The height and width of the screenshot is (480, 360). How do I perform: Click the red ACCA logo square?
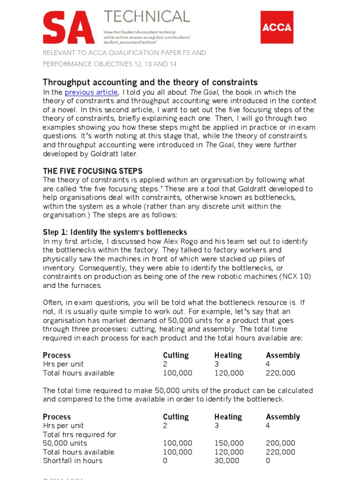(x=277, y=28)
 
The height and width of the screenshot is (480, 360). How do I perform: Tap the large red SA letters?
(x=68, y=28)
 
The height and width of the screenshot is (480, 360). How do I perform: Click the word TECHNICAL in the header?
(x=147, y=16)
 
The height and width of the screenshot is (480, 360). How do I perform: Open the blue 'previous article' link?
(x=91, y=92)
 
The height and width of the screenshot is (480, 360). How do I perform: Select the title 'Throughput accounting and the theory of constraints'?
(x=150, y=82)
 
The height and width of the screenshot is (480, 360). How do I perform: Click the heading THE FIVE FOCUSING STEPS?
(x=93, y=171)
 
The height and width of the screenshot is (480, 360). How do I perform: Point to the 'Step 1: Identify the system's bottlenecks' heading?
(x=115, y=232)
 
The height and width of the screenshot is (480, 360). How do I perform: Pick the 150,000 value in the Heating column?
(x=229, y=443)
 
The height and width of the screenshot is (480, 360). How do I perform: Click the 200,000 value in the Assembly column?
(x=280, y=443)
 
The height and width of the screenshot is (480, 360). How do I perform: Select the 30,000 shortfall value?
(x=226, y=461)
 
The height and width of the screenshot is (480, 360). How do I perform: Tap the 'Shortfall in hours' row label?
(x=72, y=461)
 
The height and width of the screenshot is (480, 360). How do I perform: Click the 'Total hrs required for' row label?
(x=79, y=435)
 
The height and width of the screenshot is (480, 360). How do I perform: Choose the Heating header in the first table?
(x=228, y=355)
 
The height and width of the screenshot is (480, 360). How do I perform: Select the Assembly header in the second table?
(x=283, y=417)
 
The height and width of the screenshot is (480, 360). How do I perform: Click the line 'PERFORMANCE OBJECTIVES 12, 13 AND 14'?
(x=110, y=64)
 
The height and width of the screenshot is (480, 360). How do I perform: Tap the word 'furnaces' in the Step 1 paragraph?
(x=85, y=285)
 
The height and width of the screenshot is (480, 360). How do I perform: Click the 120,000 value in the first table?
(x=229, y=373)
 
